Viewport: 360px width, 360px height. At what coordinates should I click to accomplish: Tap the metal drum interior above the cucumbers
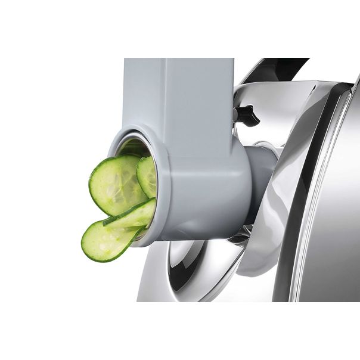pos(132,147)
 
